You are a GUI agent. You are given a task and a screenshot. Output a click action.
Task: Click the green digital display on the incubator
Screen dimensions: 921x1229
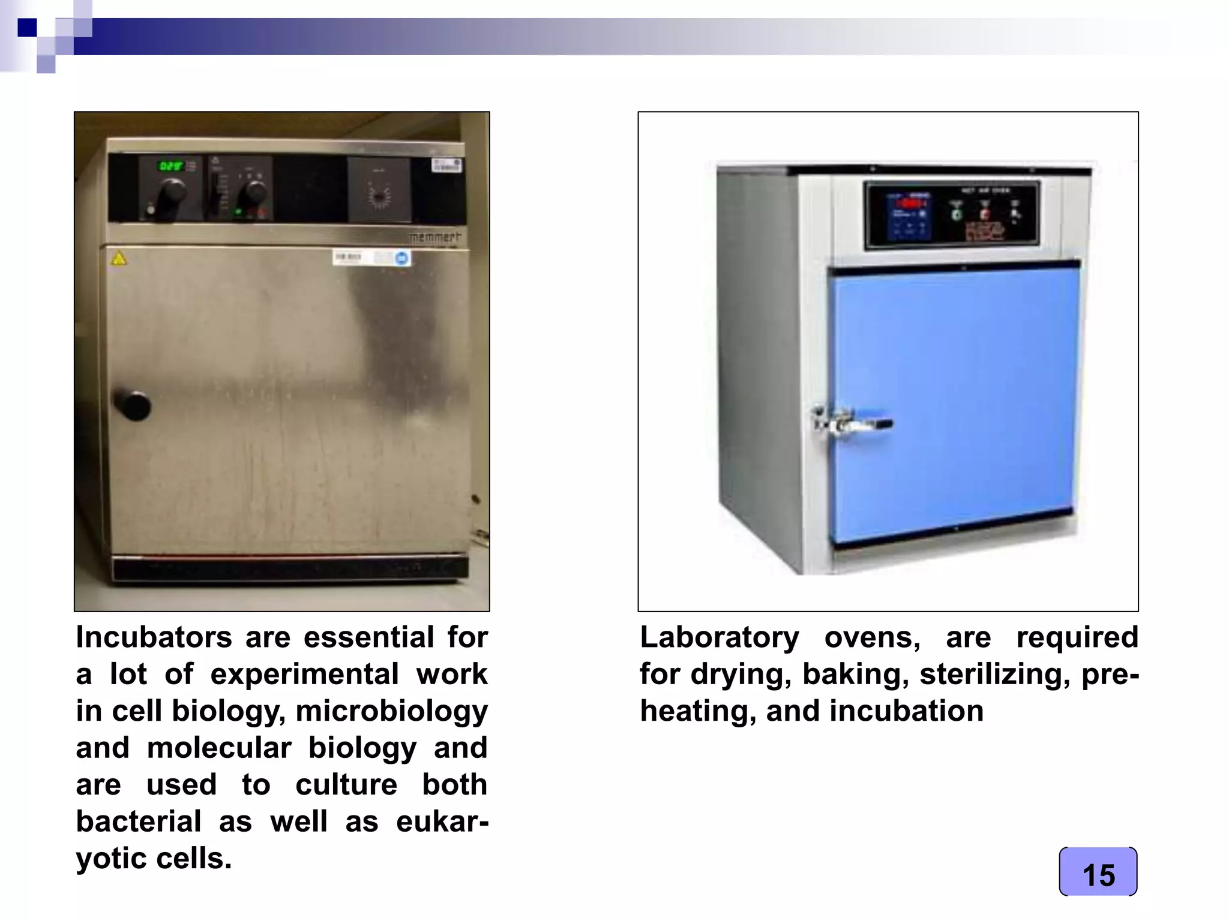coord(170,165)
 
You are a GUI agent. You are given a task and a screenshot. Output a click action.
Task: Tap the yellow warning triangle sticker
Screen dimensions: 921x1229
coord(119,259)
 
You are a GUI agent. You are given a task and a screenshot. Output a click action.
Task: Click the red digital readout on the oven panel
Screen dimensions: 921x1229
coord(912,203)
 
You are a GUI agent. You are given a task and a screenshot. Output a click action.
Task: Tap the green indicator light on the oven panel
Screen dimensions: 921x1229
coord(957,213)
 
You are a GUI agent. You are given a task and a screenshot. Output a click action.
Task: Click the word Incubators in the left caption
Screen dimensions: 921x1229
coord(154,637)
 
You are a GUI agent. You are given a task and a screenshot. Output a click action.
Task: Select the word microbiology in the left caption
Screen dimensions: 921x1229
coord(391,711)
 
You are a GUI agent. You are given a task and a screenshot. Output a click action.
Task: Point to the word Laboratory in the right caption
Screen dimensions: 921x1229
coord(720,637)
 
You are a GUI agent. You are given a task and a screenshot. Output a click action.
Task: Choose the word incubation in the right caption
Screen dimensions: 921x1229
coord(906,711)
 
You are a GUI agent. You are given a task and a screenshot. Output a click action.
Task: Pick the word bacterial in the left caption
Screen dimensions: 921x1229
coord(138,821)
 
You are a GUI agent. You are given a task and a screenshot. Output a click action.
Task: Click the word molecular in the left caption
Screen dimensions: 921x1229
coord(219,748)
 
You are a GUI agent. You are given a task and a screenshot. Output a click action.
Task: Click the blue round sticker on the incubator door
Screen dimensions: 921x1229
coord(401,258)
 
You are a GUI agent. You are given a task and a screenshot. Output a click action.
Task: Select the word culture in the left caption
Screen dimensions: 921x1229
coord(346,785)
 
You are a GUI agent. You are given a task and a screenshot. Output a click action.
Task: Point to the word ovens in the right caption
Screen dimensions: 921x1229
coord(872,637)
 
